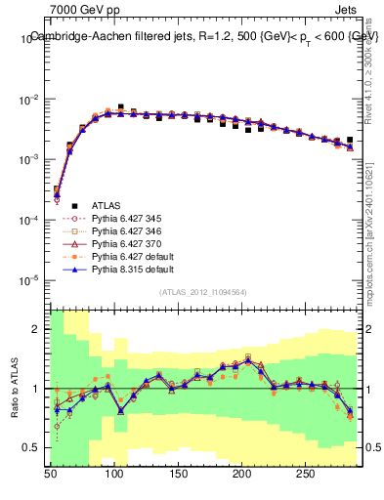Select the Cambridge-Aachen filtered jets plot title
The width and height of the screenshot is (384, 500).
[203, 36]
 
